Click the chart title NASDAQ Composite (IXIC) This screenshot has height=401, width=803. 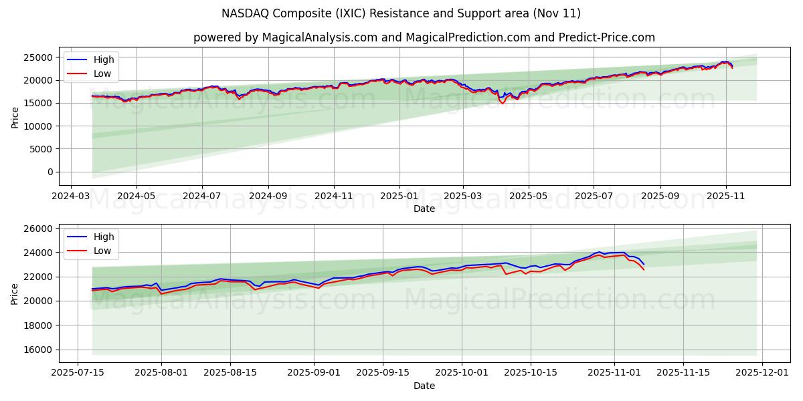coord(401,13)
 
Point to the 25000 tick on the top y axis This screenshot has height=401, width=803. coord(39,57)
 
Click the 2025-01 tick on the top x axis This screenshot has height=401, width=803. coord(399,196)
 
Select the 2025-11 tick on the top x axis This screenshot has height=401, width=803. coord(725,196)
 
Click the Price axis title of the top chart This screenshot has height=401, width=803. coord(15,116)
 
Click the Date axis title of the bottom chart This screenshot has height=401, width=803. coord(424,386)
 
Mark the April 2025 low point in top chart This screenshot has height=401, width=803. coord(503,104)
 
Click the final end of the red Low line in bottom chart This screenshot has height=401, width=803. coord(644,269)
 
